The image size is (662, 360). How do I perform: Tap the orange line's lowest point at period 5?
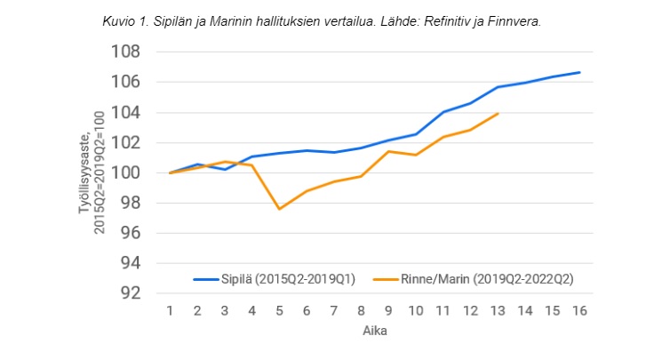pos(280,209)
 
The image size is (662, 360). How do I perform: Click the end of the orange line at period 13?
pos(498,113)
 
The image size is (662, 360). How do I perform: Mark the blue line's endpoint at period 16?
pos(579,72)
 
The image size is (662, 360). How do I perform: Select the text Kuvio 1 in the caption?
pos(123,20)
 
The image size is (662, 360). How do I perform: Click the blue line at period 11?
pos(443,112)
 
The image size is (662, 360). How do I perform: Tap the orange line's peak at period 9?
pos(388,151)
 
